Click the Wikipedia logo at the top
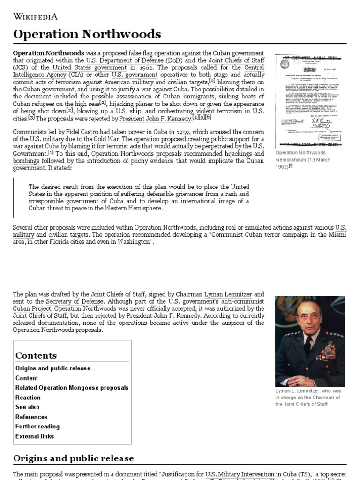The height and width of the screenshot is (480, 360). point(36,17)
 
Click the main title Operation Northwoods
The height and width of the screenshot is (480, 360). point(87,34)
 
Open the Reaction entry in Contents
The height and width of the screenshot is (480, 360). point(28,397)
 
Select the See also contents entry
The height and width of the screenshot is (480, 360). point(28,407)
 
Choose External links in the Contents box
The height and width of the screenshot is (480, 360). point(35,436)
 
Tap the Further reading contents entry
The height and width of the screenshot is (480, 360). point(37,427)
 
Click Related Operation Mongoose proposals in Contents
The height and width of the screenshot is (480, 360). point(72,388)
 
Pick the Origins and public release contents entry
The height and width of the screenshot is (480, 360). point(53,368)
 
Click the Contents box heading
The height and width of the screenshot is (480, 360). point(36,355)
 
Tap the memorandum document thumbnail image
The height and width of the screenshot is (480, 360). point(309,100)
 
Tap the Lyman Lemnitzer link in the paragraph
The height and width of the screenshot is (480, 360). point(232,294)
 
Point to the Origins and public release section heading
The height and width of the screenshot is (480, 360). point(74,458)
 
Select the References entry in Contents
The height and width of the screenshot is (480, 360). point(31,417)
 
